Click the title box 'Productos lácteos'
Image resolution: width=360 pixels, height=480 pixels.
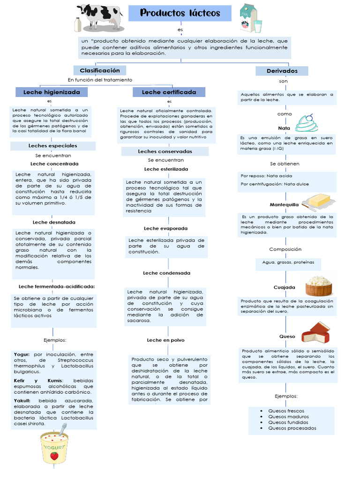(x=180, y=13)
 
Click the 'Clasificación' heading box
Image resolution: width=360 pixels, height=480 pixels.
(x=99, y=70)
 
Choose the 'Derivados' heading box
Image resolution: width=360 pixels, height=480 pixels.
(x=282, y=71)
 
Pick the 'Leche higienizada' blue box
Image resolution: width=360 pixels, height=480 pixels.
(x=52, y=92)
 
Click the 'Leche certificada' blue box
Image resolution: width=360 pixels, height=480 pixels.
(x=169, y=92)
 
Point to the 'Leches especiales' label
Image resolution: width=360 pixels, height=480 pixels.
(x=52, y=146)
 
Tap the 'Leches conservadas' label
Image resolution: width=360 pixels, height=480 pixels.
(x=165, y=151)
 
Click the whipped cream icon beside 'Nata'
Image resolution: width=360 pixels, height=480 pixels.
(x=307, y=123)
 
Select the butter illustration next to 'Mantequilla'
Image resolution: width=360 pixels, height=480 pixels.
(x=318, y=201)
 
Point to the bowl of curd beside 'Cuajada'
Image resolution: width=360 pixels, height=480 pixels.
(x=319, y=285)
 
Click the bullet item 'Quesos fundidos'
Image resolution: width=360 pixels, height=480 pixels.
(x=288, y=422)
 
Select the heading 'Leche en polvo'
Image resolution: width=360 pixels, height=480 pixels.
(x=165, y=340)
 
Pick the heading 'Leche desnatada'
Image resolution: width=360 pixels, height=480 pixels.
(x=54, y=222)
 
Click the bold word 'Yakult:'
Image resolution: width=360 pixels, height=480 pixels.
(x=22, y=401)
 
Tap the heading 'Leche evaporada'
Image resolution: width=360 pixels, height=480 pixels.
(x=165, y=228)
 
